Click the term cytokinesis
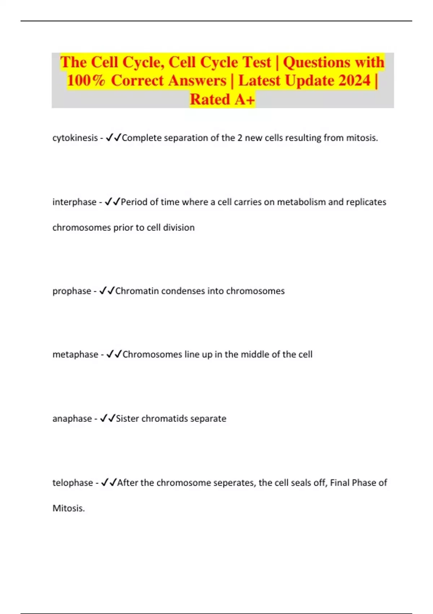coord(75,138)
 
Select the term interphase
coord(74,202)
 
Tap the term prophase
coord(71,291)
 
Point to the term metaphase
coord(75,355)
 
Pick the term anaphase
coord(72,419)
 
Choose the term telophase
coord(73,483)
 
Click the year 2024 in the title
coord(354,81)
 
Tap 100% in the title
coord(86,81)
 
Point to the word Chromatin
coord(137,291)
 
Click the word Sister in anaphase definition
coord(127,419)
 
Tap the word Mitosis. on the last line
coord(69,509)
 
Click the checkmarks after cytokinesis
coord(113,138)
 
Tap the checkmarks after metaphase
coord(114,354)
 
